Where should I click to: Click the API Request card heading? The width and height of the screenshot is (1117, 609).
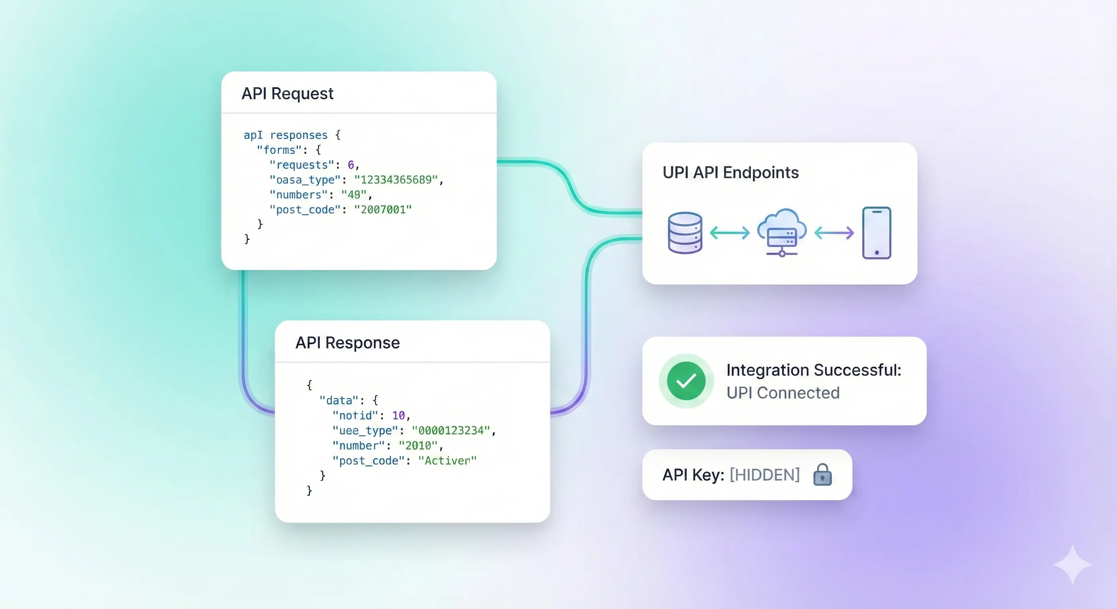click(287, 94)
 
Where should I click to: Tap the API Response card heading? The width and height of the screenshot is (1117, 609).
click(347, 343)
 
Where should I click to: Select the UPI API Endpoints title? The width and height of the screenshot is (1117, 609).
click(730, 172)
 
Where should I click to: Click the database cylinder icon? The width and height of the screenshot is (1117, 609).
click(685, 233)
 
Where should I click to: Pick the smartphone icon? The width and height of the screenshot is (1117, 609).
click(876, 233)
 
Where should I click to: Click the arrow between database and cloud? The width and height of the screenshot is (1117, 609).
click(729, 233)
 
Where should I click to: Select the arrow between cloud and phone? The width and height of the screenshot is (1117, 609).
click(834, 233)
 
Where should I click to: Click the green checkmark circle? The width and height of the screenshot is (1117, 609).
click(686, 381)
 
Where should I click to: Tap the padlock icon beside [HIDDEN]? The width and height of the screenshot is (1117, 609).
click(822, 475)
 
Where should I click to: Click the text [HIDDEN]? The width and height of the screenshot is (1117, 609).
click(764, 475)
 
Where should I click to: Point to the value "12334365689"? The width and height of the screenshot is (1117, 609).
click(396, 180)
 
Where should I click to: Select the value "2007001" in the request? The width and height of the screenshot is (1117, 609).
click(382, 210)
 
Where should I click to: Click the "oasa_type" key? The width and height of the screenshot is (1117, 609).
click(305, 180)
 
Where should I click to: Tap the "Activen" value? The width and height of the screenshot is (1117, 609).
click(447, 460)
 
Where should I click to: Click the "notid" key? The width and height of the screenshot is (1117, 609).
click(355, 416)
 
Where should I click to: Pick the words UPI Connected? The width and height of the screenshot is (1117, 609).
click(783, 393)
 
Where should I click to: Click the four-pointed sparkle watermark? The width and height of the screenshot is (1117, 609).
click(1072, 564)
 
